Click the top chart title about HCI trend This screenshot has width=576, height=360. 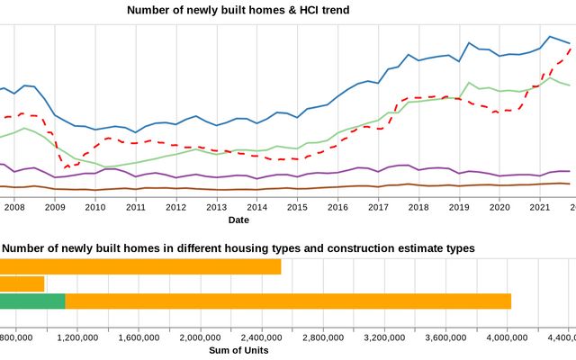point(238,10)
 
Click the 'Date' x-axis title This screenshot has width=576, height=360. point(238,220)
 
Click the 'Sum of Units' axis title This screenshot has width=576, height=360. point(238,350)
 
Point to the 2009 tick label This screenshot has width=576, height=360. point(54,207)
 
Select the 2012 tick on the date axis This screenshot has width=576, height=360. point(175,207)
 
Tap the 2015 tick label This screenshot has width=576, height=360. point(297,207)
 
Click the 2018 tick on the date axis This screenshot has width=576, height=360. point(418,207)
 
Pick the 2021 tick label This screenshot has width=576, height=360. point(540,207)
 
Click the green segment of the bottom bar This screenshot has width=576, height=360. point(32,301)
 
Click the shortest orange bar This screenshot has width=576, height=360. point(22,283)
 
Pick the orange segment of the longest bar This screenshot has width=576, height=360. point(288,301)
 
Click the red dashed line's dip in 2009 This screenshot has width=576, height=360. point(66,167)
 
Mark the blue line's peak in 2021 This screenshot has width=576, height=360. point(549,36)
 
